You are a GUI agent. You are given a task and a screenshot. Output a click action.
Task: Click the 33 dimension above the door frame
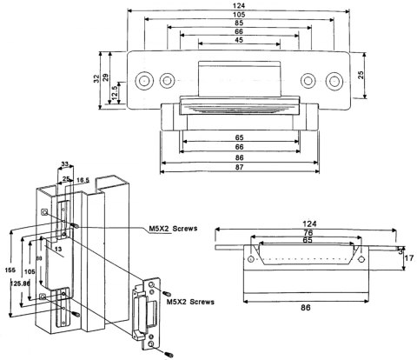point(63,163)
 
